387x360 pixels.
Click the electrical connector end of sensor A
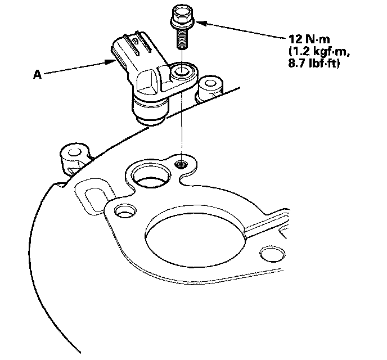[126, 47]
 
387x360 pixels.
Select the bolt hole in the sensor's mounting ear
[181, 72]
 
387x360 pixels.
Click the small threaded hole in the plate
[181, 164]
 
